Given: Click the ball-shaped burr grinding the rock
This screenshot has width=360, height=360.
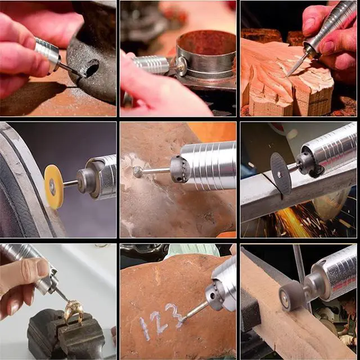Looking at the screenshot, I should pos(138,172).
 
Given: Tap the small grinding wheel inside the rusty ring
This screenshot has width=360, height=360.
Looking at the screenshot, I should pos(181,66).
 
